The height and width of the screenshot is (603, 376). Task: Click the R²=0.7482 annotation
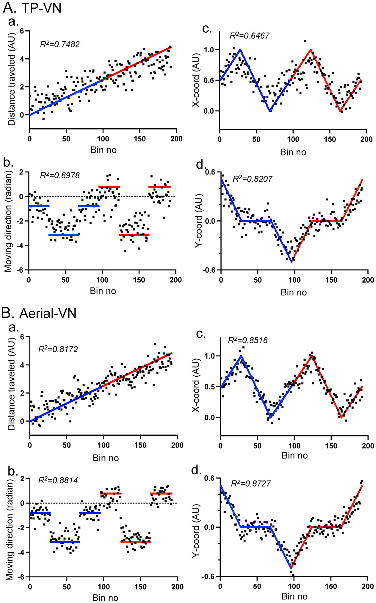point(60,44)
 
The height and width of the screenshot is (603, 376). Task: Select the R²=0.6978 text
point(60,175)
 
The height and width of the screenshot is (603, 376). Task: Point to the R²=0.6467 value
point(249,36)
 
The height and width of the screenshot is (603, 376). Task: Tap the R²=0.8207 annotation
point(252,179)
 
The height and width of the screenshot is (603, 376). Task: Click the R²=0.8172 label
point(58,349)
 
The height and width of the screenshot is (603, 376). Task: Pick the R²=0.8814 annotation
point(58,480)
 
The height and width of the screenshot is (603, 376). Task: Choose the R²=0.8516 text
point(247,340)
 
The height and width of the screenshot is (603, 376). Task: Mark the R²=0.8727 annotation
point(251,483)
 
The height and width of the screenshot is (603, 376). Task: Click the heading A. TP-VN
point(32,8)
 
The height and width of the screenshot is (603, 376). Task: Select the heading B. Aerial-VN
point(39,313)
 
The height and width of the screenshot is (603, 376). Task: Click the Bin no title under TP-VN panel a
point(104,150)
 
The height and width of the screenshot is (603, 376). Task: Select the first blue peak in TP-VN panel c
point(240,50)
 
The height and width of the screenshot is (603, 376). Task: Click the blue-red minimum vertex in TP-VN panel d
point(292,262)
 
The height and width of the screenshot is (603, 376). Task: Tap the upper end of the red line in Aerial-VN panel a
point(172,353)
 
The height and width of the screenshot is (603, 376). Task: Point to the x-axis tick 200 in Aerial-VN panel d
point(368,586)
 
